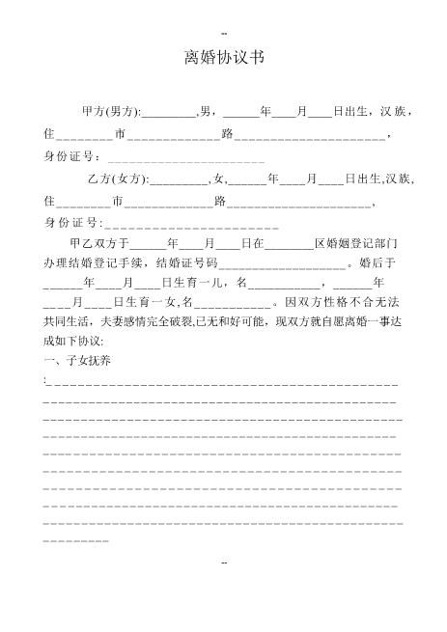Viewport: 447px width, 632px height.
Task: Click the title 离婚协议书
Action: point(223,59)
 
